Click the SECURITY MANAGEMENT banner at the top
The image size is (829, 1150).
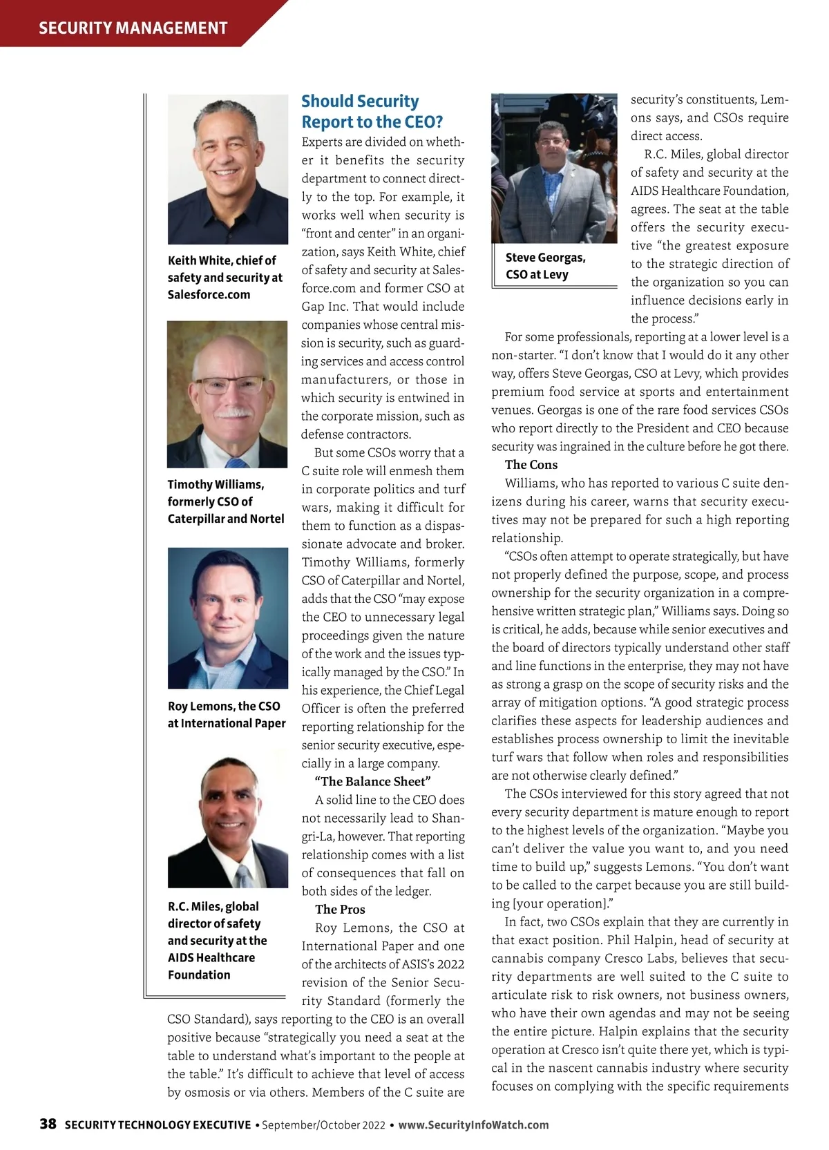pyautogui.click(x=133, y=28)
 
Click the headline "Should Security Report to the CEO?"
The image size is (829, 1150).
pyautogui.click(x=372, y=112)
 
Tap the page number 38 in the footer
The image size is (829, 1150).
pyautogui.click(x=48, y=1124)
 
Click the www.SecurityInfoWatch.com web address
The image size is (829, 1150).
pyautogui.click(x=473, y=1124)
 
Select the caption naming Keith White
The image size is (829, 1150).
pyautogui.click(x=225, y=277)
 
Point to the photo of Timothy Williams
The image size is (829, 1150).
pyautogui.click(x=227, y=394)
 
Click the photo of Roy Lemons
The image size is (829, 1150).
pyautogui.click(x=227, y=617)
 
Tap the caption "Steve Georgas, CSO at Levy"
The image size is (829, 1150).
pyautogui.click(x=545, y=266)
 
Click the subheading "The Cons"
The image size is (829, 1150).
pyautogui.click(x=531, y=465)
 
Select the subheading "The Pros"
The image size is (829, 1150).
pyautogui.click(x=340, y=909)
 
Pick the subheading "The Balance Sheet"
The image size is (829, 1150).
pyautogui.click(x=372, y=781)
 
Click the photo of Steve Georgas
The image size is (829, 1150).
pyautogui.click(x=554, y=168)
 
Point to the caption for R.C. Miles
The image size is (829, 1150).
pyautogui.click(x=217, y=940)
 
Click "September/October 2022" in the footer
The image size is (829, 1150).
pyautogui.click(x=323, y=1124)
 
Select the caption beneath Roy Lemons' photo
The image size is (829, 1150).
pyautogui.click(x=226, y=714)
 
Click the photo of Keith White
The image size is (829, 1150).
pyautogui.click(x=227, y=169)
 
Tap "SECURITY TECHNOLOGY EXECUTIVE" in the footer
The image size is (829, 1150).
pyautogui.click(x=158, y=1124)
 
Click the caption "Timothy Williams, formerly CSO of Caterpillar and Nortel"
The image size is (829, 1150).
pyautogui.click(x=225, y=501)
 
